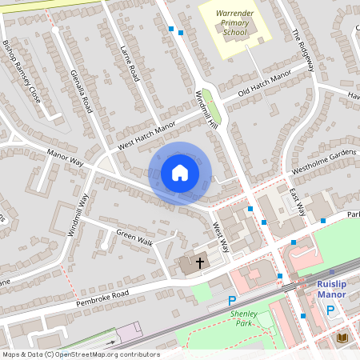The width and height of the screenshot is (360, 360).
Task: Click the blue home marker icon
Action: click(x=180, y=173)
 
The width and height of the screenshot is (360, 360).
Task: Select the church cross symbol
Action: click(x=198, y=262)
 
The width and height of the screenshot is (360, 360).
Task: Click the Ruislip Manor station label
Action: click(x=330, y=289)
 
